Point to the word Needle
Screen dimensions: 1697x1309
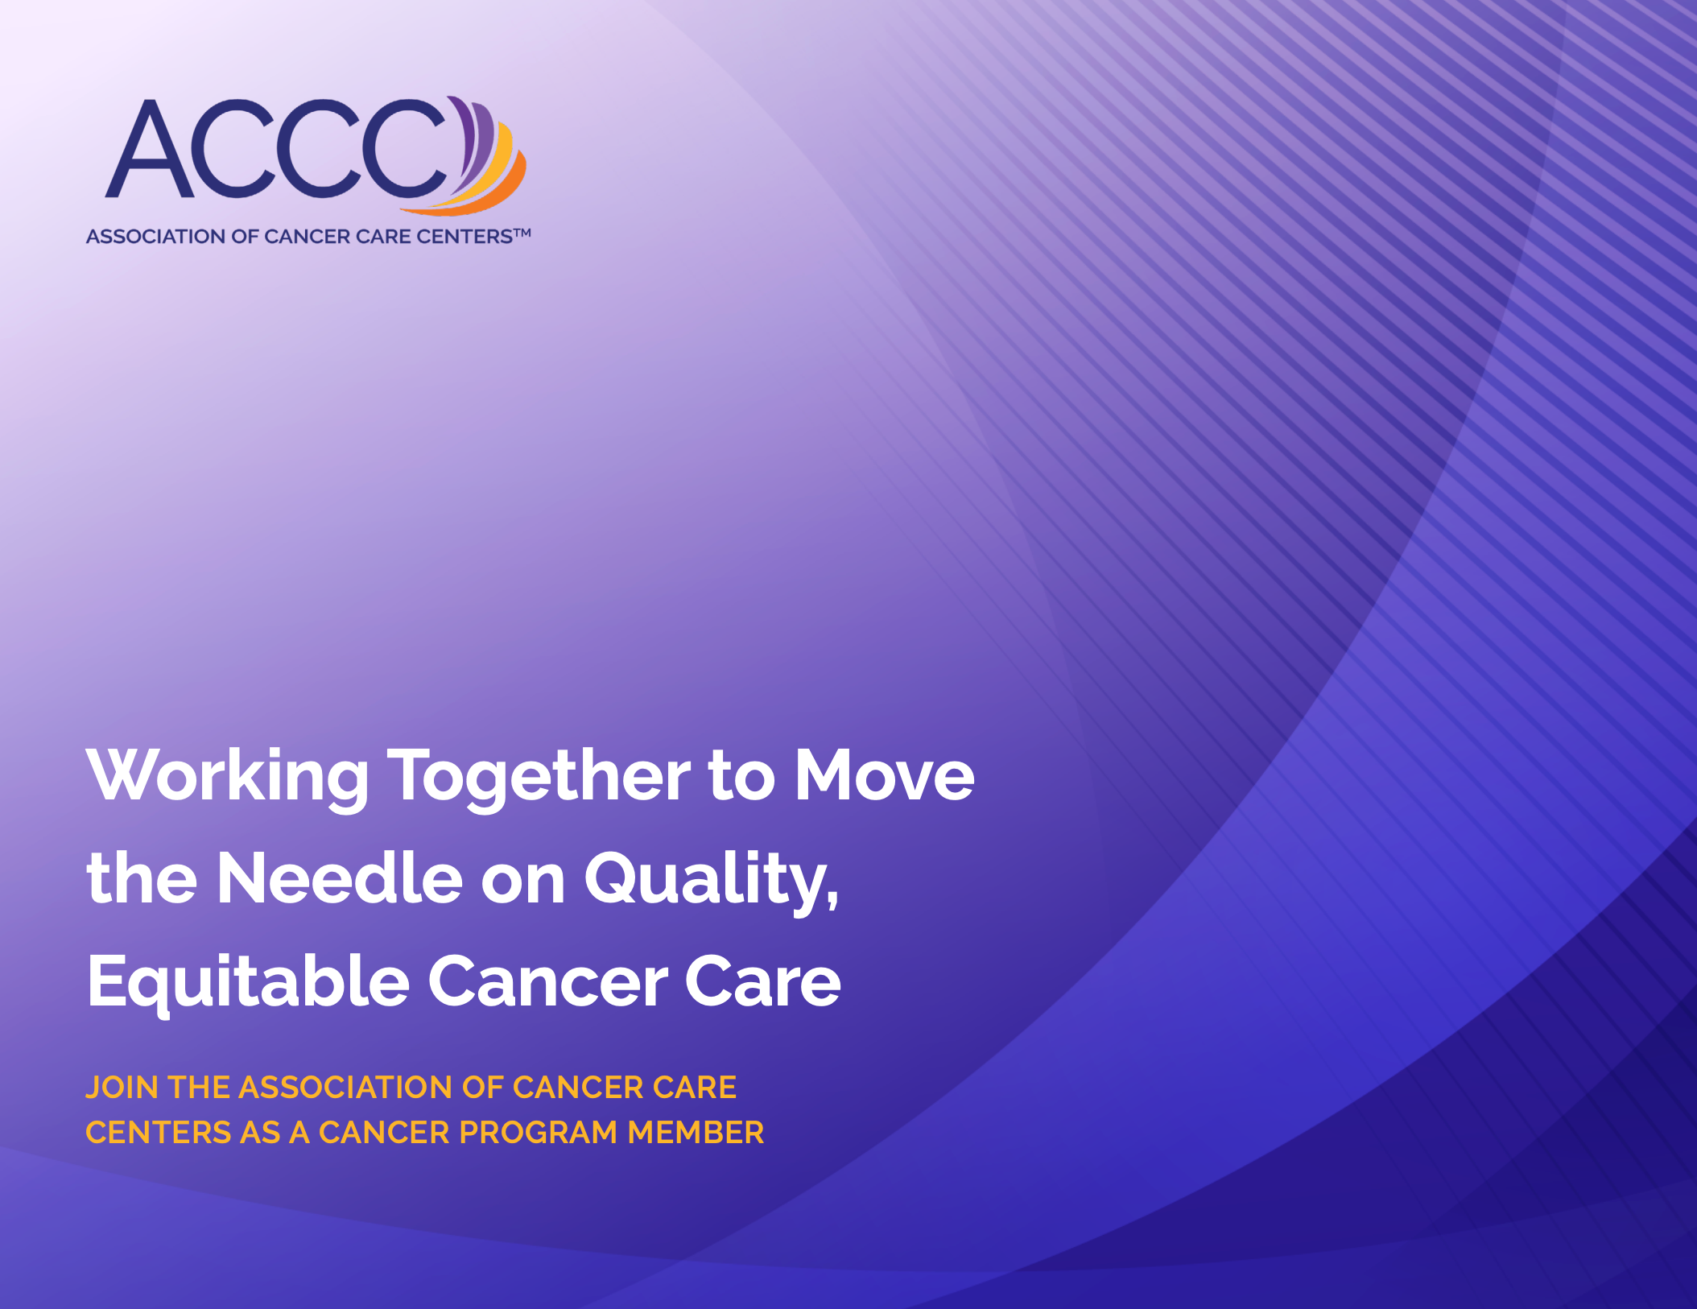tap(340, 878)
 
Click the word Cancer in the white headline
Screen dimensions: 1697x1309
tap(547, 982)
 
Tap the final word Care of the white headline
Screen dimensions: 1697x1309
tap(763, 982)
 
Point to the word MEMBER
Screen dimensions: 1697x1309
tap(696, 1133)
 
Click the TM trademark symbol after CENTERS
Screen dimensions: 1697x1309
tap(522, 233)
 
